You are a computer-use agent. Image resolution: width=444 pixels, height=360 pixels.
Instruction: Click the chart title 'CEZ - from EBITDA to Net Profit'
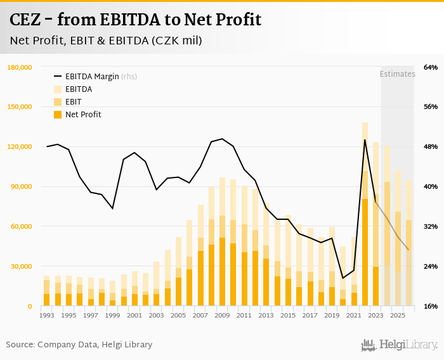[135, 19]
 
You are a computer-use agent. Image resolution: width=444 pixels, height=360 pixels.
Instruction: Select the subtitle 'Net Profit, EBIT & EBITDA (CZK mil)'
[106, 41]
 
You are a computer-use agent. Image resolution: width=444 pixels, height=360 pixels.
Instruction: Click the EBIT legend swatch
[58, 102]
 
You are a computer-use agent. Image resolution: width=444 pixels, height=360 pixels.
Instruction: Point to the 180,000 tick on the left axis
[20, 67]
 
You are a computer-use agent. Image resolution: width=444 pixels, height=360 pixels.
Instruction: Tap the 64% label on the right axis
[431, 67]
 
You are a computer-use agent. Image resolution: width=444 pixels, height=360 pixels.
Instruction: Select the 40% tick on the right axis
[431, 186]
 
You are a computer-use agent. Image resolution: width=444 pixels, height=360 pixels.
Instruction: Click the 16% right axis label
[431, 306]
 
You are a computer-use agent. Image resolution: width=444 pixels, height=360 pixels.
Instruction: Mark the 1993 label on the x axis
[46, 315]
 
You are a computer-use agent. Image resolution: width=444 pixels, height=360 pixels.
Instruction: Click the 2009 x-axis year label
[222, 315]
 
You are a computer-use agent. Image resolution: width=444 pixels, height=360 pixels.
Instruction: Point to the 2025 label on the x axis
[398, 315]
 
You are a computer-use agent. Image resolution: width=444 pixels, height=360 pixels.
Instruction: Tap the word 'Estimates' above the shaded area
[397, 74]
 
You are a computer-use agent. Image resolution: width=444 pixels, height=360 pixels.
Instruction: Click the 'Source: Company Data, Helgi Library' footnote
[79, 345]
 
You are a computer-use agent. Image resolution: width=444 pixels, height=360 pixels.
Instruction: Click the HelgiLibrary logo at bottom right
[399, 345]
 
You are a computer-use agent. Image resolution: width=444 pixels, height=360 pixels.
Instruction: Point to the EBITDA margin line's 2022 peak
[365, 139]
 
